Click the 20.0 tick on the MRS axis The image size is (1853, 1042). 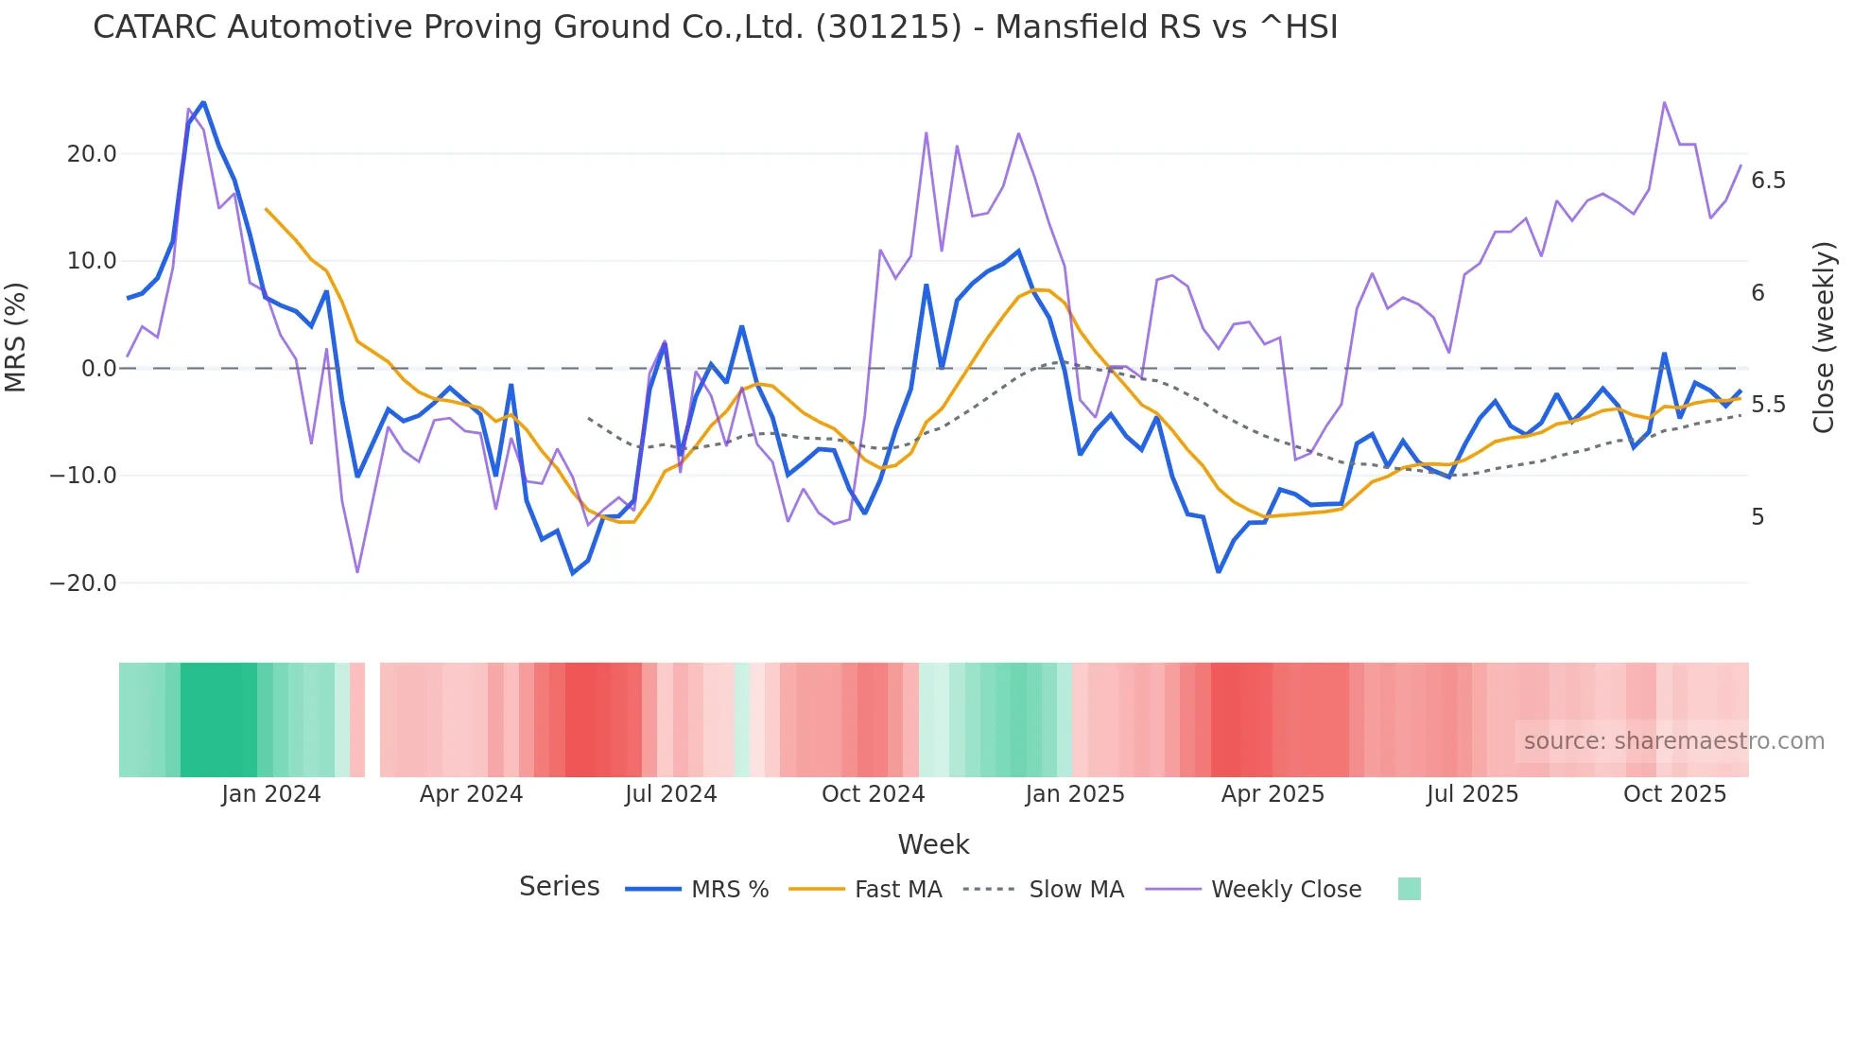click(91, 154)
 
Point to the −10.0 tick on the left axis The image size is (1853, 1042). click(83, 476)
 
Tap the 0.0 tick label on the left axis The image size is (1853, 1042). click(98, 369)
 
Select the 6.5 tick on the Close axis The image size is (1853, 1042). click(1768, 181)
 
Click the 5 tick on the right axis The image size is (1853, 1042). click(1758, 517)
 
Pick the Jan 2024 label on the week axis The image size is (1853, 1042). click(271, 794)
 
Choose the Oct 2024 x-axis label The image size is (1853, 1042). click(873, 794)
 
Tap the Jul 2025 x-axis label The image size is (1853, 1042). click(1472, 794)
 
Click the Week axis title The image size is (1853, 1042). click(933, 844)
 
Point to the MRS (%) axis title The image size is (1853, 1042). click(16, 338)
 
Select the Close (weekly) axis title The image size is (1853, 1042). click(1824, 338)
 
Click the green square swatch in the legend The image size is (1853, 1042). click(1409, 889)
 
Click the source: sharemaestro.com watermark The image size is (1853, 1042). click(1673, 741)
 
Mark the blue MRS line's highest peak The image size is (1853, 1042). click(203, 102)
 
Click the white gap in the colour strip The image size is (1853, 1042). click(372, 720)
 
